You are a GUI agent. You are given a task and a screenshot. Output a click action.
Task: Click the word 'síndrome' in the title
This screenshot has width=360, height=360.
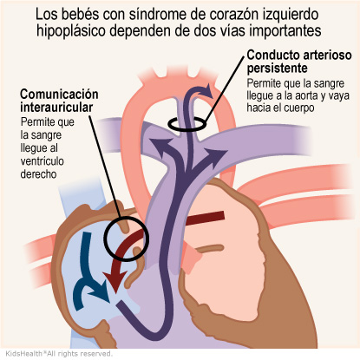tap(152, 15)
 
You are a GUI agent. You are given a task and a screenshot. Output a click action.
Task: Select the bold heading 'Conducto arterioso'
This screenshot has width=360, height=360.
tap(299, 55)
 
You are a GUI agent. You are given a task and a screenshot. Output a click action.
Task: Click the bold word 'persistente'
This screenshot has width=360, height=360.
tap(277, 69)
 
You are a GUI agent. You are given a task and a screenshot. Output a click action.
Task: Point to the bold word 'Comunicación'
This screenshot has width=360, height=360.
tap(59, 95)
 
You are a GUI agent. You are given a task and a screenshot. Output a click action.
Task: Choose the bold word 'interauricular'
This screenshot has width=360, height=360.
tap(56, 108)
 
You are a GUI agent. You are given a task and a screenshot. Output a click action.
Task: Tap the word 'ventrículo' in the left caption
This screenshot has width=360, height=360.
tap(43, 160)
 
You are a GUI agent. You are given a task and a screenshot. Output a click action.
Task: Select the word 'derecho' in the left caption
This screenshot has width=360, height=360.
tap(38, 174)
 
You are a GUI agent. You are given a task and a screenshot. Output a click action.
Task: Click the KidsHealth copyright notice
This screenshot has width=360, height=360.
tap(59, 353)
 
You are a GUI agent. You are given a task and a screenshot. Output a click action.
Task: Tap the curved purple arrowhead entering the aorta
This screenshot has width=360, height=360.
tap(207, 91)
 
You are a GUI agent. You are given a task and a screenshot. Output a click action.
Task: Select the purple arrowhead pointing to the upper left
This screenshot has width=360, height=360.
tap(160, 145)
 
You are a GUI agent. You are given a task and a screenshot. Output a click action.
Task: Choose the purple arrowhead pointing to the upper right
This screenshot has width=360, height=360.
tap(215, 155)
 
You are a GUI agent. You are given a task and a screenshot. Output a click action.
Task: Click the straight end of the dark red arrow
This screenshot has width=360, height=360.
tap(224, 215)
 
